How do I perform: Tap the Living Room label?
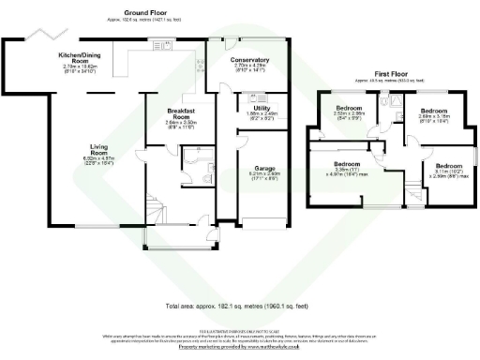(x=98, y=147)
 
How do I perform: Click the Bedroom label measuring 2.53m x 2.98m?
(x=349, y=108)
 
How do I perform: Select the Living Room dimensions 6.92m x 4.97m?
(x=98, y=160)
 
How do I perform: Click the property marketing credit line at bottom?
(x=240, y=347)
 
